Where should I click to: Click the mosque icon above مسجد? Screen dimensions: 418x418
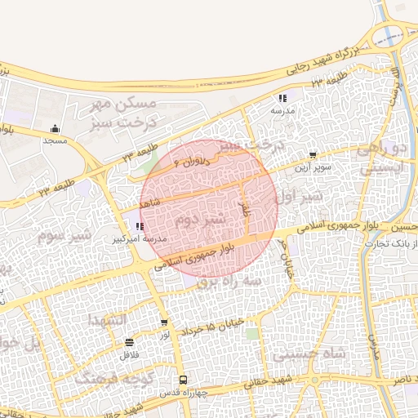click(x=55, y=128)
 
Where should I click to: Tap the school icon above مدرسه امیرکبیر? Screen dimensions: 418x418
click(x=140, y=226)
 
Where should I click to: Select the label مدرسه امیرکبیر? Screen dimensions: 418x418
click(x=140, y=239)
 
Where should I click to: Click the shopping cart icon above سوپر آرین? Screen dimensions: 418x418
click(x=313, y=154)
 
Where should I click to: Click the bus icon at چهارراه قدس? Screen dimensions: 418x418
click(x=183, y=380)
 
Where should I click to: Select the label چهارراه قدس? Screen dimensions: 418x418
click(x=183, y=393)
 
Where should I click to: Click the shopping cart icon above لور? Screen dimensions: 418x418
click(x=164, y=322)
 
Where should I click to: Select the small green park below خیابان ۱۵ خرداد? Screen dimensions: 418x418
click(x=253, y=333)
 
